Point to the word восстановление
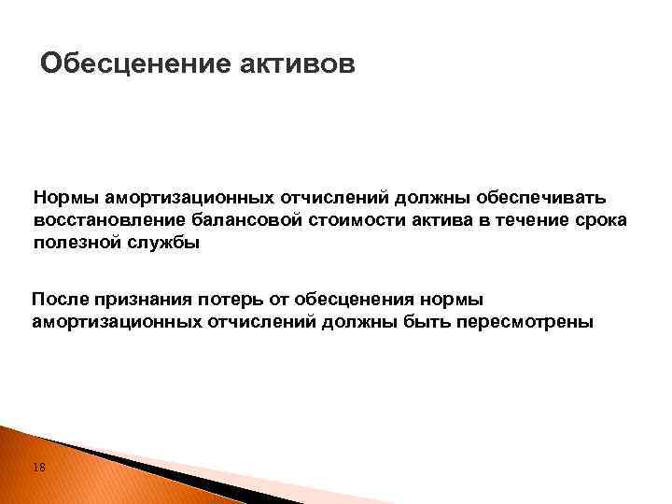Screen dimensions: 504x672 click(x=96, y=220)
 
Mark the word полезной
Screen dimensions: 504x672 click(x=72, y=243)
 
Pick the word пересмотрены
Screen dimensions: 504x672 click(x=533, y=322)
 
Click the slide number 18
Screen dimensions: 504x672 click(x=38, y=467)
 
